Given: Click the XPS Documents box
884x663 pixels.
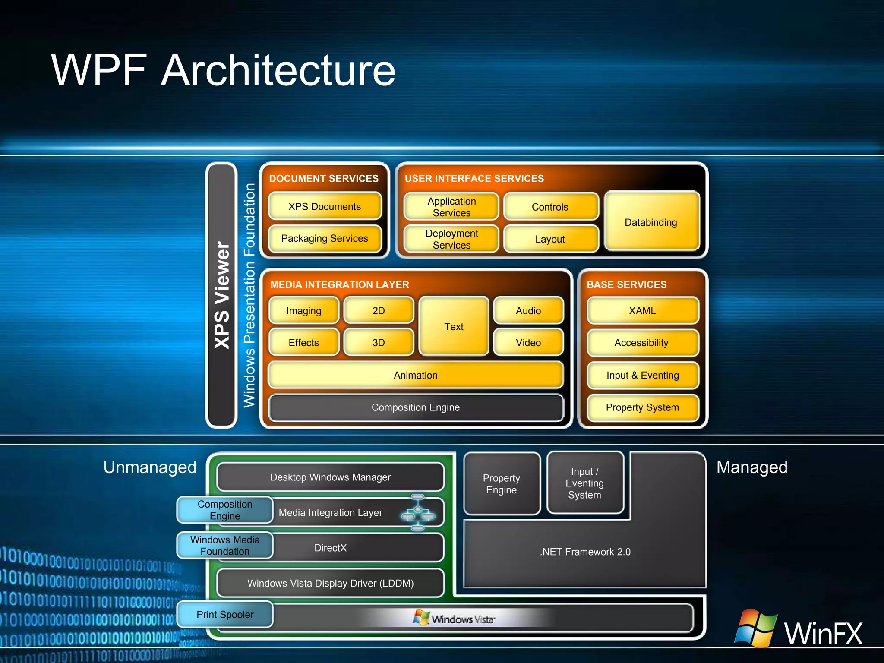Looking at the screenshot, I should (325, 206).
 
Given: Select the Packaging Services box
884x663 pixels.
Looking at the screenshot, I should (325, 238).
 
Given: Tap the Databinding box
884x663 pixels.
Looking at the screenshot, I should (651, 222).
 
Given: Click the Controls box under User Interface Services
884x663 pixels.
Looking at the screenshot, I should (550, 207).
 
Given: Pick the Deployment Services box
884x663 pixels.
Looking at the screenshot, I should (451, 239).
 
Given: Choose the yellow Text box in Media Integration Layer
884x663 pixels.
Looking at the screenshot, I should (454, 326).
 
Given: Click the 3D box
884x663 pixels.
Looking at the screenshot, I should (379, 342).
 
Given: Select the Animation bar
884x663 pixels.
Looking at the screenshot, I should (415, 375).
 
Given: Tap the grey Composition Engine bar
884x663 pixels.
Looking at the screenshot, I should (415, 407).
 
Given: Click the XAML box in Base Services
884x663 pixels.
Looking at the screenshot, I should (642, 310).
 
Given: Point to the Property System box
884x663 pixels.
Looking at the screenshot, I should (642, 407).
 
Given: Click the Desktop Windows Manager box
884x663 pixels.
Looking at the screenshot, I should (330, 477).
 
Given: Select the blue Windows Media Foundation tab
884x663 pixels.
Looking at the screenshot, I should (225, 545).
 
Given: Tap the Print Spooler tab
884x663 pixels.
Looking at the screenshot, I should (225, 614).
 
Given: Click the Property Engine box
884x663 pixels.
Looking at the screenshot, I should (502, 483).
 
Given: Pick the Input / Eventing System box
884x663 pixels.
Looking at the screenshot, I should (585, 483).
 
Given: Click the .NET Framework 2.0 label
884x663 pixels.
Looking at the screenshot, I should (585, 552).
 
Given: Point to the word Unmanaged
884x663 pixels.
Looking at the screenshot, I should (150, 467).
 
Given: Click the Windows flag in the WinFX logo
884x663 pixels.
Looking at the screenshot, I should (756, 628).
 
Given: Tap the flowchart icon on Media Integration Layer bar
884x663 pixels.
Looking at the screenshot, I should (418, 512).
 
